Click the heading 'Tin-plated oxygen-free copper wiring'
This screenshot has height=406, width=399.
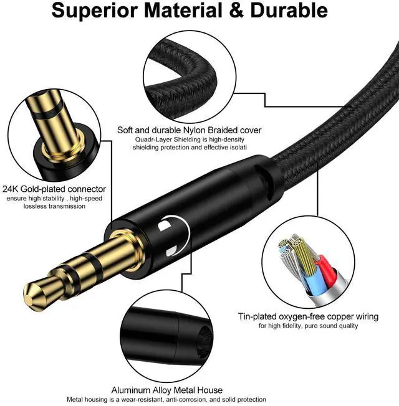[308, 316]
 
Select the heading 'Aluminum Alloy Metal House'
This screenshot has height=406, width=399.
[166, 390]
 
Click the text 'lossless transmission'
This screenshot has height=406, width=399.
[54, 206]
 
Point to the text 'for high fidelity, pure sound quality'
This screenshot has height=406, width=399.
[309, 326]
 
